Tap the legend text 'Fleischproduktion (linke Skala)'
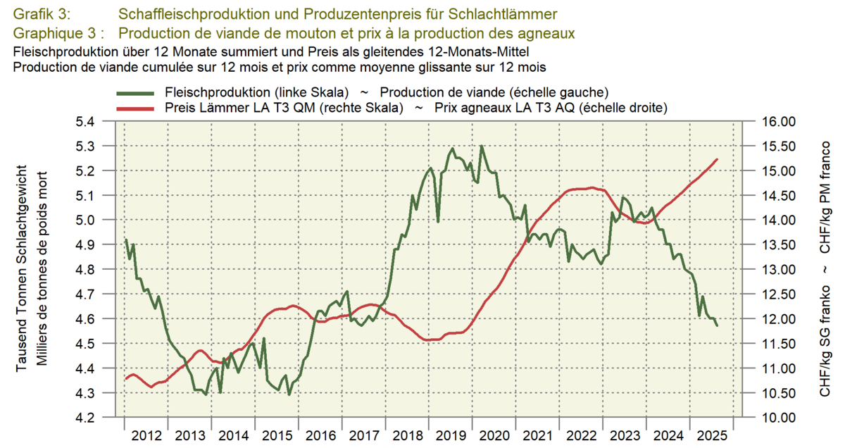[x=257, y=93]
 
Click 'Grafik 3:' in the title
[x=42, y=14]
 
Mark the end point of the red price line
[x=717, y=159]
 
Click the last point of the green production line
[x=717, y=325]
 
